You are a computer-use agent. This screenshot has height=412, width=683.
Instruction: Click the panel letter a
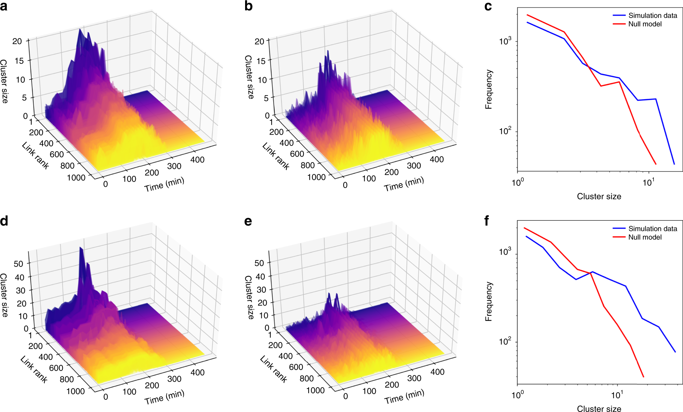[4, 6]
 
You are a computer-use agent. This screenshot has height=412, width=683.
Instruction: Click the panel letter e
[248, 221]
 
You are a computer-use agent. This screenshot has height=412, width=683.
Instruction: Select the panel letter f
[487, 221]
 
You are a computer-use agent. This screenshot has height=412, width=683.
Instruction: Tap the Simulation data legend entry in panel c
[652, 16]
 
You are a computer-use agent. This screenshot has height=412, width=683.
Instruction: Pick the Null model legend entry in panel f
[645, 237]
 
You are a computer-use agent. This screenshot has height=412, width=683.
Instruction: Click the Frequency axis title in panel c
[488, 89]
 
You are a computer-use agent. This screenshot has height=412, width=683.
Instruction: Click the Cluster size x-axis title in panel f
[599, 409]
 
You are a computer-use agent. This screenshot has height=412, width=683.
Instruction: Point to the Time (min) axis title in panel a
[164, 184]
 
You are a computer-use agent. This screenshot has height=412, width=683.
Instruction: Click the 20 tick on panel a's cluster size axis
[17, 41]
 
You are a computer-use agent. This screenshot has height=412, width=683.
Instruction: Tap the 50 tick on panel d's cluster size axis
[18, 264]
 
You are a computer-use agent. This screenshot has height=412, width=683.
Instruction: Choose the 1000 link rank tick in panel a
[76, 178]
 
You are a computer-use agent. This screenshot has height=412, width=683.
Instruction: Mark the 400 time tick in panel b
[437, 159]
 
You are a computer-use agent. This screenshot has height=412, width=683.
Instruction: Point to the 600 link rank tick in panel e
[296, 367]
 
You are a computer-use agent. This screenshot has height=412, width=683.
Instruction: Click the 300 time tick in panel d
[174, 379]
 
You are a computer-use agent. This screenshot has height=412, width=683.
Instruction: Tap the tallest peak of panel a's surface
[80, 30]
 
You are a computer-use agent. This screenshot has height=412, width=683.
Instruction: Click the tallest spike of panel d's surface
[81, 248]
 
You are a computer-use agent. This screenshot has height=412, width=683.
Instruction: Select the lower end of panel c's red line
[656, 164]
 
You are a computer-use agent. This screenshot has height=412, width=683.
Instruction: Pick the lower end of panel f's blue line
[675, 352]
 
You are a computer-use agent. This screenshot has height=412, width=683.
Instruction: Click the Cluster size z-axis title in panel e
[249, 297]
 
